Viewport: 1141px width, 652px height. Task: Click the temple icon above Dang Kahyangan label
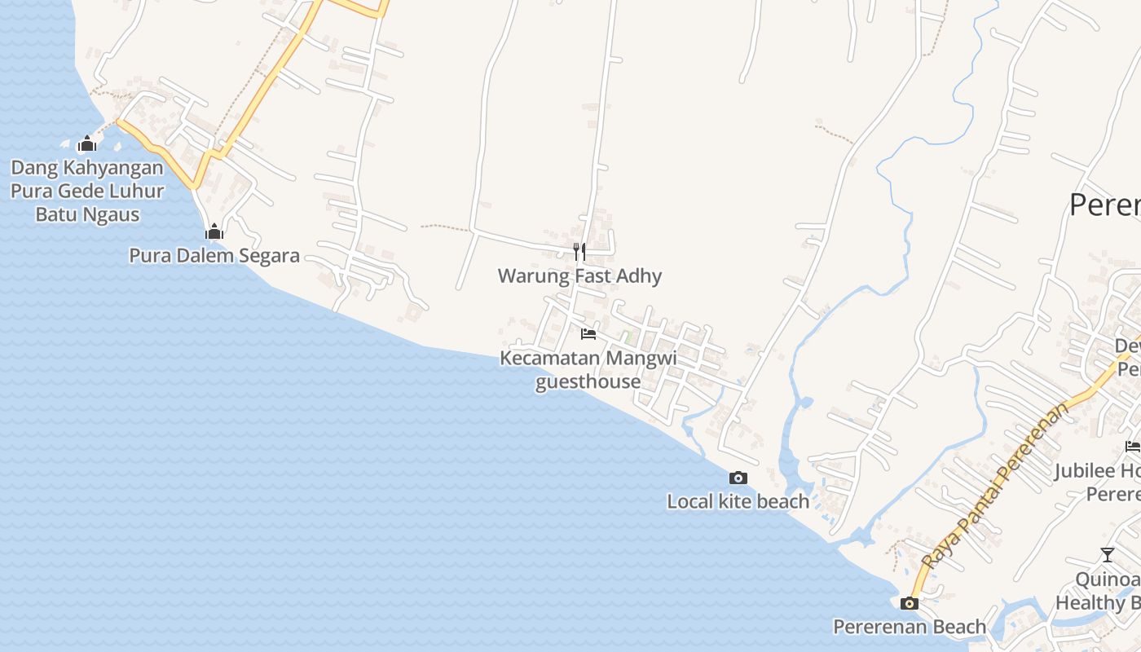pyautogui.click(x=87, y=145)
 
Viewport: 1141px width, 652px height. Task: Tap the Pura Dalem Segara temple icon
pyautogui.click(x=214, y=232)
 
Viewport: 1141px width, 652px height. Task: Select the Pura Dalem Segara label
pyautogui.click(x=214, y=256)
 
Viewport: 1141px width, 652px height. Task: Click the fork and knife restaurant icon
pyautogui.click(x=579, y=251)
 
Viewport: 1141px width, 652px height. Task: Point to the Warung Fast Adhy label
pyautogui.click(x=579, y=275)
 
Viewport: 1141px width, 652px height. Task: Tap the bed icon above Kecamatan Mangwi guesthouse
pyautogui.click(x=588, y=334)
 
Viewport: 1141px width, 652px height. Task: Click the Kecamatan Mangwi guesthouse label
pyautogui.click(x=588, y=370)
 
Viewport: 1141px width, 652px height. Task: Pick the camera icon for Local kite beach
pyautogui.click(x=738, y=478)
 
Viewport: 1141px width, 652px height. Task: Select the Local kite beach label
pyautogui.click(x=738, y=501)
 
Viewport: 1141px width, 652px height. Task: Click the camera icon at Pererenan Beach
pyautogui.click(x=910, y=604)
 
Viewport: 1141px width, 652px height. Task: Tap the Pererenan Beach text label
pyautogui.click(x=910, y=627)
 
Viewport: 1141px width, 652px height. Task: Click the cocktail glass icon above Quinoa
pyautogui.click(x=1107, y=555)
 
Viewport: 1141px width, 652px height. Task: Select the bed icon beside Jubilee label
pyautogui.click(x=1132, y=446)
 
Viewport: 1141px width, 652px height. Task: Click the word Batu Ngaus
pyautogui.click(x=87, y=215)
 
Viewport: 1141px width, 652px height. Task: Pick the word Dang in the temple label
pyautogui.click(x=31, y=168)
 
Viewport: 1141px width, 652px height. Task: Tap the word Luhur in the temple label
pyautogui.click(x=134, y=192)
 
